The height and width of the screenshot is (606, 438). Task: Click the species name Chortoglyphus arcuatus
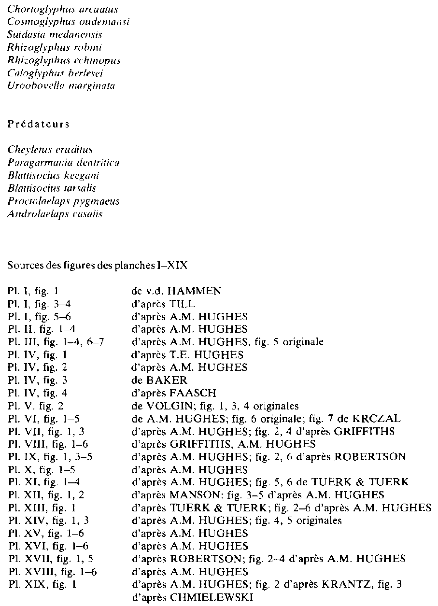click(63, 10)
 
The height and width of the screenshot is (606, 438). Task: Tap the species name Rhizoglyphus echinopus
click(64, 61)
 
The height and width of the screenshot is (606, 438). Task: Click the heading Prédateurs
click(39, 124)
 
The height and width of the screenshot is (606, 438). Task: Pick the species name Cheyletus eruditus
click(50, 150)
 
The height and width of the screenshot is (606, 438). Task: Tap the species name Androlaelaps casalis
click(56, 214)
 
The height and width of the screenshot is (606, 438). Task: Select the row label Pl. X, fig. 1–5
click(41, 470)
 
